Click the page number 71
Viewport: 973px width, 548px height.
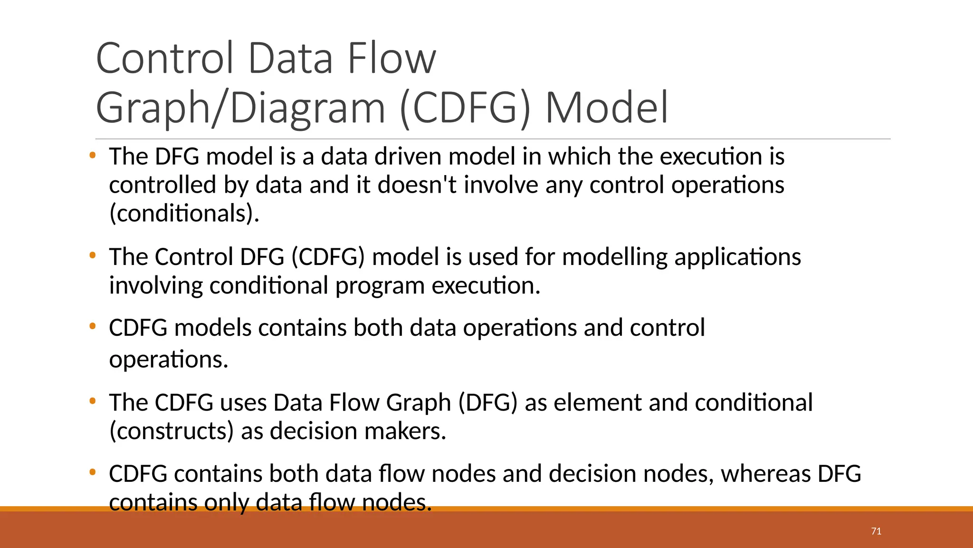pyautogui.click(x=876, y=531)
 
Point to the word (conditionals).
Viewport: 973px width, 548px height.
pyautogui.click(x=184, y=214)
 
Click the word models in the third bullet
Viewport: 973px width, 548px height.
pyautogui.click(x=212, y=328)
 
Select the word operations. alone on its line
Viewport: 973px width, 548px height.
pyautogui.click(x=169, y=360)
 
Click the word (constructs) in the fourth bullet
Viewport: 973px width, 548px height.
pyautogui.click(x=172, y=431)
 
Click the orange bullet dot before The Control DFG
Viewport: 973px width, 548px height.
pyautogui.click(x=93, y=256)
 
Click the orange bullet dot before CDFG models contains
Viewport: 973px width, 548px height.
pyautogui.click(x=93, y=327)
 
